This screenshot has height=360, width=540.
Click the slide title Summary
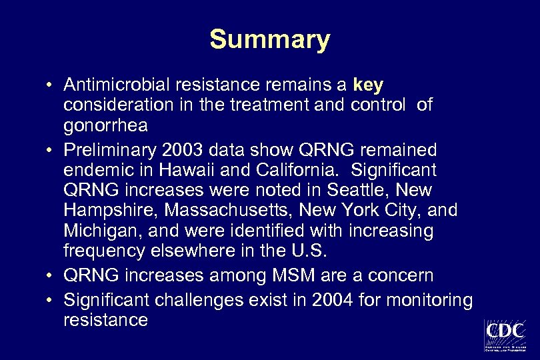pos(269,39)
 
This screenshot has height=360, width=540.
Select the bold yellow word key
pos(368,85)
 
